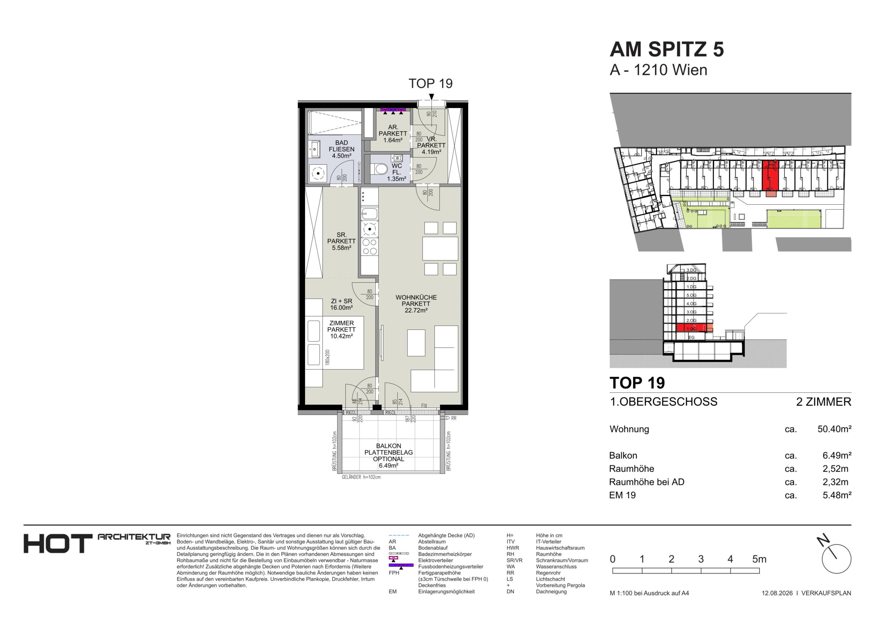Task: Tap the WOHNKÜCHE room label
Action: (416, 297)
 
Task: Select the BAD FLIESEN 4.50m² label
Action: (341, 149)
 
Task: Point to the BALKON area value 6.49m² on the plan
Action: (388, 466)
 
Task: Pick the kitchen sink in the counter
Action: (369, 213)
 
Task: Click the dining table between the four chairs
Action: (440, 248)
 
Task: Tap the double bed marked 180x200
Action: (334, 342)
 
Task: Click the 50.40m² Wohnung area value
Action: (834, 429)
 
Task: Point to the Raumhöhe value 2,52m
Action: (835, 469)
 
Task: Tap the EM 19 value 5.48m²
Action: (837, 495)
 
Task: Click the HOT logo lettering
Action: (58, 543)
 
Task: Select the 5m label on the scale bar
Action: (759, 559)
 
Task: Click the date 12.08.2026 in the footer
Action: (777, 593)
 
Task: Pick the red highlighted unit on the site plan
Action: (770, 176)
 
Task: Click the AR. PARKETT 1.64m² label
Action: (393, 134)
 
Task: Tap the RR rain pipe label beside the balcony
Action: (453, 418)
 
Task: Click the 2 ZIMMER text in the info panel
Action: (823, 401)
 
